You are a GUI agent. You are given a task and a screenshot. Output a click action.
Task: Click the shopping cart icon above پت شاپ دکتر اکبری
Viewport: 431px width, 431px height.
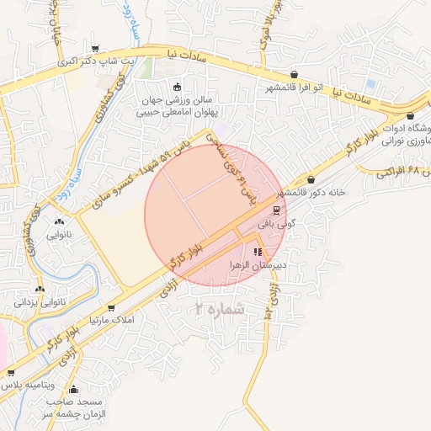[98, 47]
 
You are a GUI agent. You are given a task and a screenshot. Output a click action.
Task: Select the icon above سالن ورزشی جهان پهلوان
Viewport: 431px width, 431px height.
[176, 87]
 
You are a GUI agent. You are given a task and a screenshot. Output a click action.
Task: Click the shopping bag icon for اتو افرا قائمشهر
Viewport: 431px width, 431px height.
[293, 74]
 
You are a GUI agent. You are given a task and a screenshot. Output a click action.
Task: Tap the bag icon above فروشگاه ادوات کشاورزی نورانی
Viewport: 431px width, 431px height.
[410, 115]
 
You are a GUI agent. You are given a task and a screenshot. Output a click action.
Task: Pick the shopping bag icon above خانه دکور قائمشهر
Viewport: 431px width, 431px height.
[311, 179]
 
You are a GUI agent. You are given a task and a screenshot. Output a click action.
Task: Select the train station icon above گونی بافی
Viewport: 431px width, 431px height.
[276, 210]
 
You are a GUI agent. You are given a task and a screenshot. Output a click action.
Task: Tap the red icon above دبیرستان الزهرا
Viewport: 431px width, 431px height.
[258, 252]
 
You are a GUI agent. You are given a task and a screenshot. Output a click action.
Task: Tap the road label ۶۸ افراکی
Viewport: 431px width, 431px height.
[410, 171]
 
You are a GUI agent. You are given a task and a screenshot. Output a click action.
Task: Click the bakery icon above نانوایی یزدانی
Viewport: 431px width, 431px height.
[40, 290]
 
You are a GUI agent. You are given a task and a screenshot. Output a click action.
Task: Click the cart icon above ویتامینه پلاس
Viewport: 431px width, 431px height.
[11, 372]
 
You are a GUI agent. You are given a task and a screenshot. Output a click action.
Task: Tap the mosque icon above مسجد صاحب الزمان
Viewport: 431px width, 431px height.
[73, 389]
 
